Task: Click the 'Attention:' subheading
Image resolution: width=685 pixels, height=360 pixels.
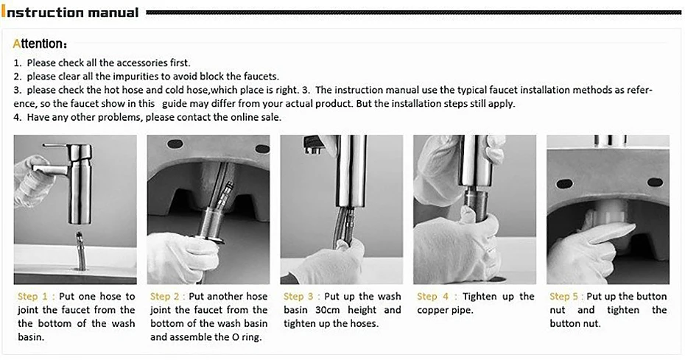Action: tap(41, 44)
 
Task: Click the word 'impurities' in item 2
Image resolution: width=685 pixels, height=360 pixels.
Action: tap(134, 77)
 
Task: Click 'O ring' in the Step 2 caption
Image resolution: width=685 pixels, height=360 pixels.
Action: tap(246, 337)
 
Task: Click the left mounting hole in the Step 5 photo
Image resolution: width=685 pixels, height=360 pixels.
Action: tap(566, 183)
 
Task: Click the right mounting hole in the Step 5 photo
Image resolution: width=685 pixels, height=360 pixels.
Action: tap(654, 182)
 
